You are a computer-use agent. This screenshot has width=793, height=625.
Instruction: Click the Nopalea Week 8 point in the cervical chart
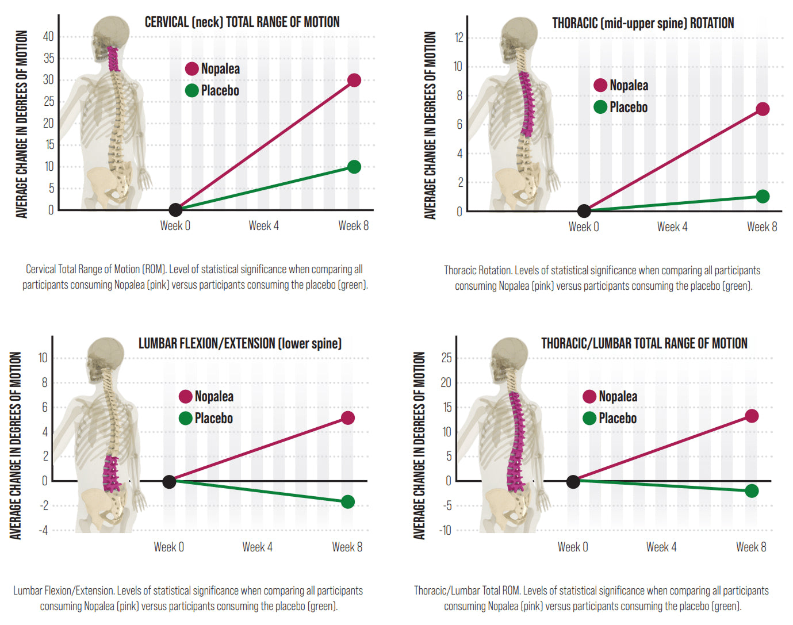point(354,80)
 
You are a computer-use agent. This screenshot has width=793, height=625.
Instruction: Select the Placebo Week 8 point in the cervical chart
point(354,167)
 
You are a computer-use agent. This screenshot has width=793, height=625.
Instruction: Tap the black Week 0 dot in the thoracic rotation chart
point(584,211)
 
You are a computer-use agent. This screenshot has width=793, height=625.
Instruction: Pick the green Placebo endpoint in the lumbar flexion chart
point(347,502)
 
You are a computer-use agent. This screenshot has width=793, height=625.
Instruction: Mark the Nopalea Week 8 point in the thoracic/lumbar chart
point(752,416)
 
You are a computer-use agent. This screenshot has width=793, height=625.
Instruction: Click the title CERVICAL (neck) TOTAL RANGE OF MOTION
point(242,22)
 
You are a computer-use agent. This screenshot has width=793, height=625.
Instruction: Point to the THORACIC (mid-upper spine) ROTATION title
point(643,24)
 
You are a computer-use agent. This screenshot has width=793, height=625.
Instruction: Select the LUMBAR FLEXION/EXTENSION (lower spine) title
point(240,344)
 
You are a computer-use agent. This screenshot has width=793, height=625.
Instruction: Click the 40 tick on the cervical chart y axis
point(49,37)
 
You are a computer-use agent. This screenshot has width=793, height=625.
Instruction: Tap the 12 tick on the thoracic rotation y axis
point(458,38)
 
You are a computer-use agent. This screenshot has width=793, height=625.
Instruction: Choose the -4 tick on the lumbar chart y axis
point(43,530)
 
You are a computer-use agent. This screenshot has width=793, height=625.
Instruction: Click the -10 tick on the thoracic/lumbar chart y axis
point(446,530)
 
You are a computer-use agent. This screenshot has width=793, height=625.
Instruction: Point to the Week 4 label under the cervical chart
point(264,226)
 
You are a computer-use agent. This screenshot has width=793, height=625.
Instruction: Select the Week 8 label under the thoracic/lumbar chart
point(751,547)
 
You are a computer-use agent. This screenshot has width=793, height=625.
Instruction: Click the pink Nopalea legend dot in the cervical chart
point(192,69)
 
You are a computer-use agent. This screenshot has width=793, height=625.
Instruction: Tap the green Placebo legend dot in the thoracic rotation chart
point(600,107)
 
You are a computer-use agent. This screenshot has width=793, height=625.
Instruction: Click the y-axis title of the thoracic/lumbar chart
point(419,446)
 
